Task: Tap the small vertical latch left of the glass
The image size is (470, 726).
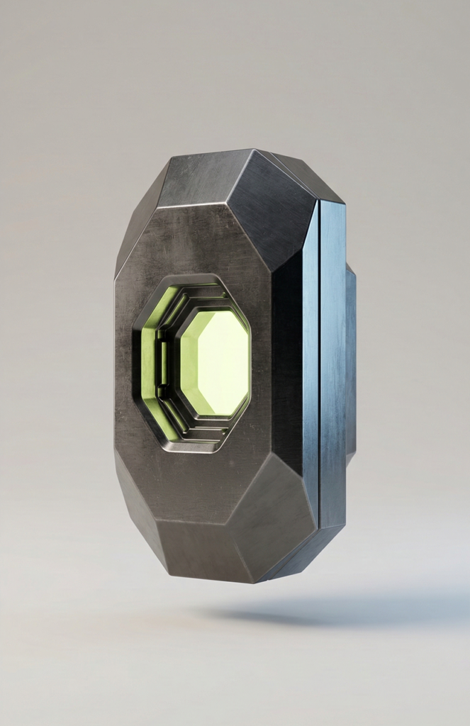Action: coord(162,364)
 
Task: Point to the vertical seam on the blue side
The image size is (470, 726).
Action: coord(319,362)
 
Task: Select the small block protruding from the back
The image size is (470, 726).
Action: coord(350,362)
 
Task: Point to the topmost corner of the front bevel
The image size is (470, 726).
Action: coord(252,150)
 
